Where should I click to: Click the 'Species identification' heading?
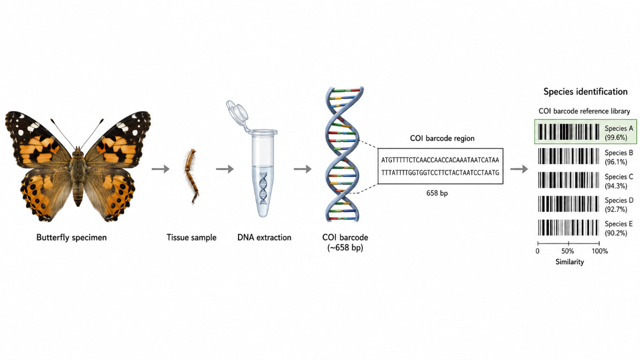click(585, 91)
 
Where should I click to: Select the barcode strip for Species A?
click(568, 131)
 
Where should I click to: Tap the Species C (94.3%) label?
click(619, 181)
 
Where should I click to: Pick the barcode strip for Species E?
click(568, 227)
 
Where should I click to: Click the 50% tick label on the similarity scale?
click(567, 251)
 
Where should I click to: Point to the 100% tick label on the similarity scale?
click(599, 251)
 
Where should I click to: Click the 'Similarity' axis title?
click(569, 262)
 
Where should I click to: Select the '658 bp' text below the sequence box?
click(437, 193)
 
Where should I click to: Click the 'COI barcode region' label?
click(442, 138)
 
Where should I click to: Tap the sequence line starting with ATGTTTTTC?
click(440, 160)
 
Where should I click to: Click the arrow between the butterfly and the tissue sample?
click(160, 169)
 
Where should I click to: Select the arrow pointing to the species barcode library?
click(519, 169)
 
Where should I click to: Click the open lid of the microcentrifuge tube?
click(237, 112)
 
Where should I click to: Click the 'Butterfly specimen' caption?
click(71, 237)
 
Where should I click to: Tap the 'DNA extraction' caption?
click(264, 237)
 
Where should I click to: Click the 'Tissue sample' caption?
click(191, 237)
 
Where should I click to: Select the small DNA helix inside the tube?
click(263, 188)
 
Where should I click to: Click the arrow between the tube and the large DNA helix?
click(302, 169)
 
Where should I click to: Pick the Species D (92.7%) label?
click(619, 205)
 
